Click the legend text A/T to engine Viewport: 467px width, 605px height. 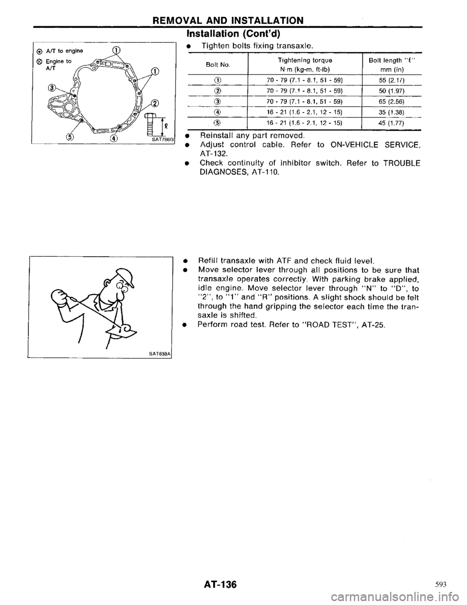tap(59, 51)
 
